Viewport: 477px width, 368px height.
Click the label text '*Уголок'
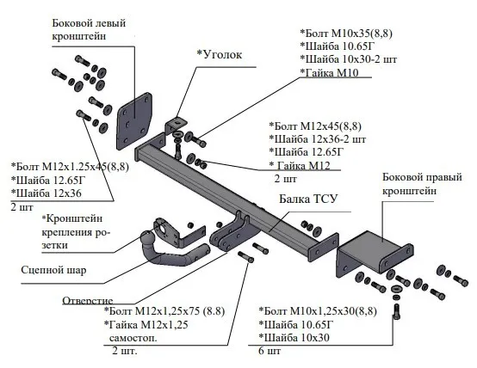(x=220, y=55)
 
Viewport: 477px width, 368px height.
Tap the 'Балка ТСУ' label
(x=308, y=199)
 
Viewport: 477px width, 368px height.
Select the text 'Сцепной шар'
(x=53, y=270)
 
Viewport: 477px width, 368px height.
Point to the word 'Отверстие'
(x=88, y=301)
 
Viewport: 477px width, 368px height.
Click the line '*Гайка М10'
(x=329, y=72)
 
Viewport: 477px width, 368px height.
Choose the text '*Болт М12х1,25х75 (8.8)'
(x=164, y=311)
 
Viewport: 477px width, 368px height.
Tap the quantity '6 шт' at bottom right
(x=269, y=351)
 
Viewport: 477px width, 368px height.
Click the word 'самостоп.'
(x=133, y=338)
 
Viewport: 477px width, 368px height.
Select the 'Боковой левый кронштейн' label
(x=89, y=29)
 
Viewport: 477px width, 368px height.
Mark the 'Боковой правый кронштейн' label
(x=422, y=184)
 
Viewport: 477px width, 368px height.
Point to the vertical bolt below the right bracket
(x=396, y=311)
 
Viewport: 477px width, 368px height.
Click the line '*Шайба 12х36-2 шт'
(x=318, y=139)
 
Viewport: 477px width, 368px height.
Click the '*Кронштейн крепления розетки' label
(x=76, y=232)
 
